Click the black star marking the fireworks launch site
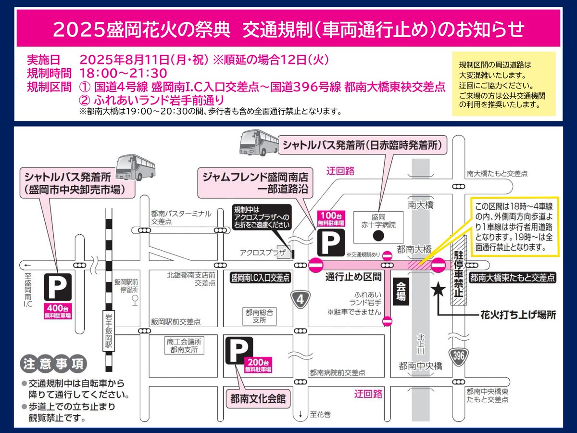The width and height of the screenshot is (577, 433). [x=438, y=290]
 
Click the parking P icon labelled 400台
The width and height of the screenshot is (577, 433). [x=58, y=288]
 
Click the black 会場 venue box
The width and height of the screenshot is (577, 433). [x=401, y=292]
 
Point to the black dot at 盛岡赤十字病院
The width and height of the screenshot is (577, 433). [x=378, y=236]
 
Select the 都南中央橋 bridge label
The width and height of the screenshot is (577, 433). [x=420, y=366]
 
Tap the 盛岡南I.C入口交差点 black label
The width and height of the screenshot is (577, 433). [x=260, y=278]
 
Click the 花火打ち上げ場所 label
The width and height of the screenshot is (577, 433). [x=518, y=315]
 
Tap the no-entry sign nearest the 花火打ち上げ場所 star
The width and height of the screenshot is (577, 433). [x=439, y=264]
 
